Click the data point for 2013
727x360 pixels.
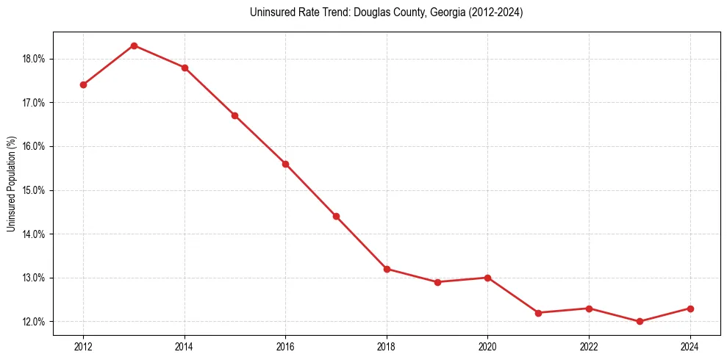coord(134,46)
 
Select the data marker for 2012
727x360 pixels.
coord(83,84)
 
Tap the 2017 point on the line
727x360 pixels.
coord(336,216)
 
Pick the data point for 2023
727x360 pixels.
coord(640,322)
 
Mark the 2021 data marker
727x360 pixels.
coord(538,313)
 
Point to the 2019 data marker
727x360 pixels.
coord(437,282)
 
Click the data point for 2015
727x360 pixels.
coord(234,115)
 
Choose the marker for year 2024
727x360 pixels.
coord(690,309)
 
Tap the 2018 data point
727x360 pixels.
coord(387,269)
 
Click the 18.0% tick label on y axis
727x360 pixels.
coord(35,59)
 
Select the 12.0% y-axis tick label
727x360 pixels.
coord(35,322)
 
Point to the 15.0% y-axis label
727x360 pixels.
coord(35,190)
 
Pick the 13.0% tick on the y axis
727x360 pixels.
coord(35,278)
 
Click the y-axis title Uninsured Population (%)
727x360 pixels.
coord(11,184)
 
